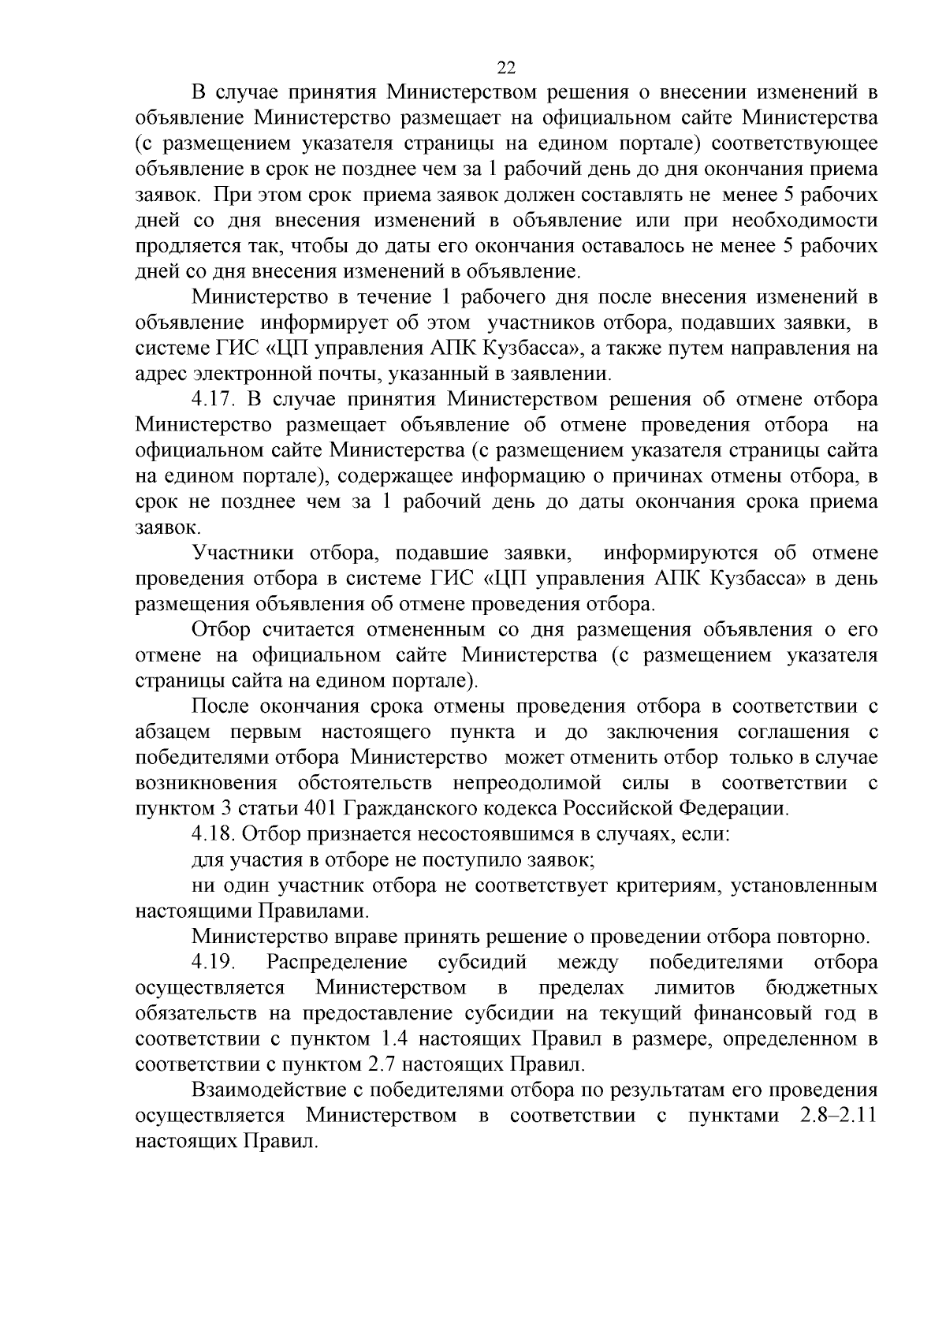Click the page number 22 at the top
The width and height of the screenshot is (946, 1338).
click(x=506, y=67)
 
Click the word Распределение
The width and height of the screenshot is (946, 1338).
click(x=337, y=962)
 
